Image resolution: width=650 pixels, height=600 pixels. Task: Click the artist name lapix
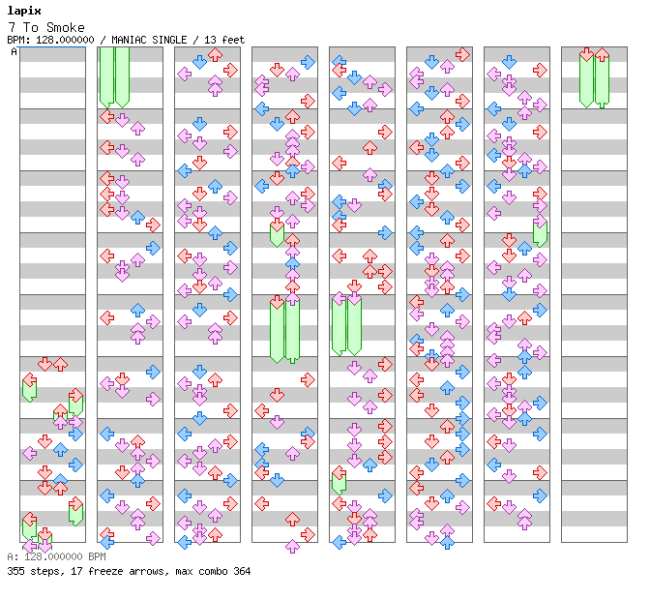pos(24,11)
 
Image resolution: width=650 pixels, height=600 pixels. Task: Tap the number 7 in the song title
pos(12,27)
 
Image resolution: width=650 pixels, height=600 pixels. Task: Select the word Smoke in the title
pos(66,27)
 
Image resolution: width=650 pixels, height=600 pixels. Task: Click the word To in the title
pos(31,27)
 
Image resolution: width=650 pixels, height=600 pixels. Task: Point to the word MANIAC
pos(129,40)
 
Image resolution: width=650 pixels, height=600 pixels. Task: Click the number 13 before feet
pos(210,40)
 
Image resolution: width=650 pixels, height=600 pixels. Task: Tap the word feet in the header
pos(233,40)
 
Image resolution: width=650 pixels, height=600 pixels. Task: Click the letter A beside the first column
pos(14,52)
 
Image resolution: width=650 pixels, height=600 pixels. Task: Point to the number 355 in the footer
pos(15,571)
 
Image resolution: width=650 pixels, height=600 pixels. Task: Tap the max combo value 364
pos(242,571)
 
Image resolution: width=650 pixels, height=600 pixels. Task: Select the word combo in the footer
pos(213,571)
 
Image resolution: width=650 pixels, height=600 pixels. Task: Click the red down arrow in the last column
pos(586,54)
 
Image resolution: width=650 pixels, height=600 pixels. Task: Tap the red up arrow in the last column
pos(602,54)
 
